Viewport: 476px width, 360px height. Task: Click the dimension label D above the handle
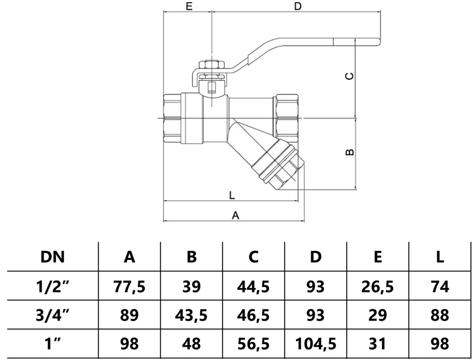[x=298, y=7]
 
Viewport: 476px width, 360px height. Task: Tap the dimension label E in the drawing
[x=189, y=7]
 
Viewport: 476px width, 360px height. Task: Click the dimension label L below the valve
[x=231, y=195]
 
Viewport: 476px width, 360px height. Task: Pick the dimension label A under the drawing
[x=235, y=215]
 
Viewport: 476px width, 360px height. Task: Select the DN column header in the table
[x=52, y=257]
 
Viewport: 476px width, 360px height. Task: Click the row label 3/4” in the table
[x=52, y=315]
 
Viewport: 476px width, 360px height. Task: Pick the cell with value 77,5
[x=129, y=286]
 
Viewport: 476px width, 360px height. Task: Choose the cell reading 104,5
[x=316, y=344]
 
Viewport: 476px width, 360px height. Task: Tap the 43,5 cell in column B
[x=191, y=315]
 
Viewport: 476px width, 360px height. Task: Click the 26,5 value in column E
[x=378, y=286]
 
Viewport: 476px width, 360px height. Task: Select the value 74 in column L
[x=439, y=286]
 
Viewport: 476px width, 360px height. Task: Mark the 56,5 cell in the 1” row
[x=254, y=344]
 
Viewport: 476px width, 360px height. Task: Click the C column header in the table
[x=254, y=257]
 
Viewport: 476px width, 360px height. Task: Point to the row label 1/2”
[x=52, y=286]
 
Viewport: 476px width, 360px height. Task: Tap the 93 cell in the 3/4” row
[x=316, y=315]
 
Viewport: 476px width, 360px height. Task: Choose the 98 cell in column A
[x=129, y=344]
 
